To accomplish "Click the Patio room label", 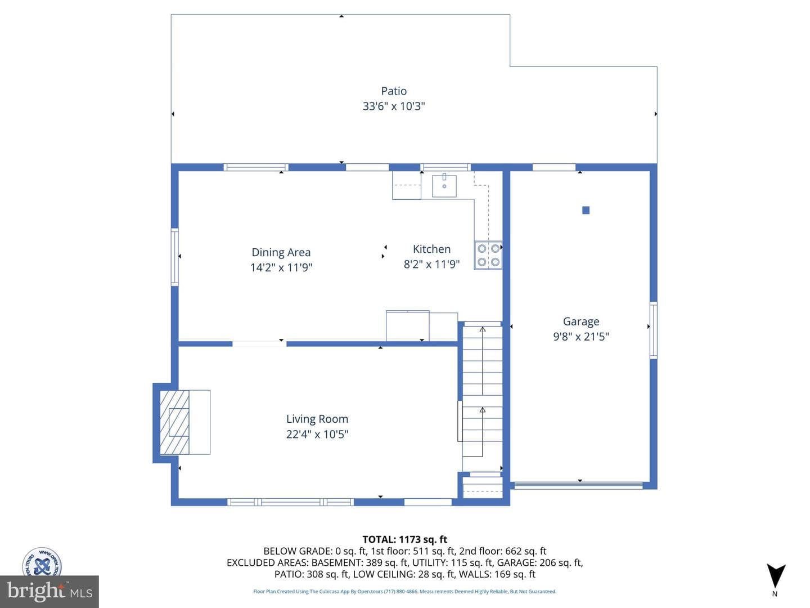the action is [x=394, y=91].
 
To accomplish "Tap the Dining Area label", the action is [x=281, y=252].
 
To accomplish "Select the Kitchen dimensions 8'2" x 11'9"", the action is [x=431, y=265].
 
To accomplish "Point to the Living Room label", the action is [x=317, y=419].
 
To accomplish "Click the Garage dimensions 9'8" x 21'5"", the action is [x=581, y=337].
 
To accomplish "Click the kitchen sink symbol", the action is [x=444, y=186].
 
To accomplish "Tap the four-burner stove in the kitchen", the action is [x=488, y=255].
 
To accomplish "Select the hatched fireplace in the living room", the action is [x=174, y=422].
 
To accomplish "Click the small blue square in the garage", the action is [x=586, y=210].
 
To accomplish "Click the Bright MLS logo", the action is [x=49, y=591].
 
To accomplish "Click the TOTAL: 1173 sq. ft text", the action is [x=405, y=539].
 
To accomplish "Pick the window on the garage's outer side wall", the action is [x=653, y=330].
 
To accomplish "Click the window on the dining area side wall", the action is [x=174, y=257].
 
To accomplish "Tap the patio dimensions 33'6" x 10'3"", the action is [x=394, y=106].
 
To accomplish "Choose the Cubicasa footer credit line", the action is [x=404, y=591].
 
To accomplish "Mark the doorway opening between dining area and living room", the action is [x=259, y=344].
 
